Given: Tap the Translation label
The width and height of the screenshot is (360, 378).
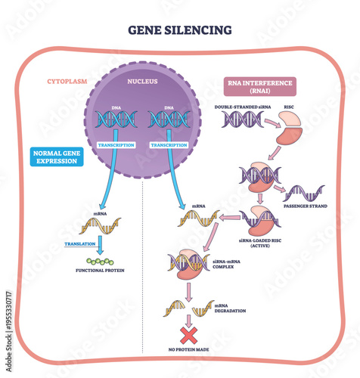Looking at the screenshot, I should pos(79,245).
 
